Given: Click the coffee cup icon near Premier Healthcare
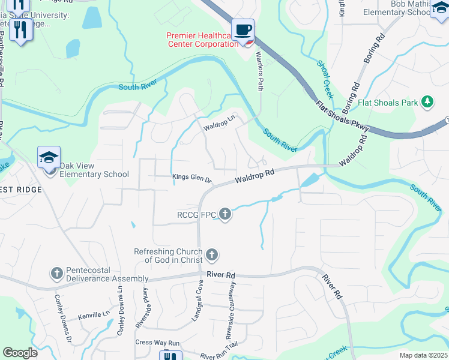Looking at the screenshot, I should coord(243,30).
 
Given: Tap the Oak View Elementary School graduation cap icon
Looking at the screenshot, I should coord(49,158).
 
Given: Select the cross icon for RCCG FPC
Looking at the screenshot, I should coord(225,214).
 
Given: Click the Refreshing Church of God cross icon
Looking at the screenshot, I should coord(211,255).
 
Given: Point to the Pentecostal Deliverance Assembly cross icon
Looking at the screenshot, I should coord(57,274).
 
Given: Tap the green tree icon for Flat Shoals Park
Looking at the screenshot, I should coord(427,102).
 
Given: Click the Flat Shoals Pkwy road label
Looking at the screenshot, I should coord(343,115).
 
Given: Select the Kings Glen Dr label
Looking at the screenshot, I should coord(192,179).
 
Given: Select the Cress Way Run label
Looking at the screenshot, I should coord(157,343).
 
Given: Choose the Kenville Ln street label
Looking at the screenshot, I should coord(94,314).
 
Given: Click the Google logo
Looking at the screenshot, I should coord(20,352).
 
